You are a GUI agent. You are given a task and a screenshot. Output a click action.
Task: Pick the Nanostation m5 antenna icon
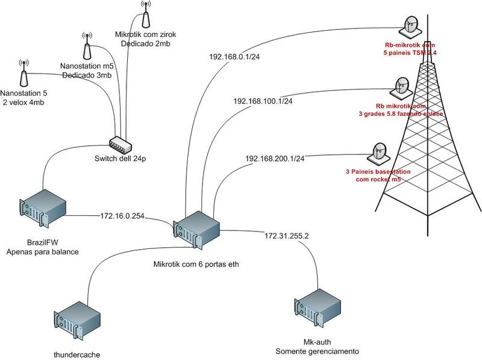87,45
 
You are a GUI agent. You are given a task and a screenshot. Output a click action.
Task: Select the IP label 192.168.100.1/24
263,101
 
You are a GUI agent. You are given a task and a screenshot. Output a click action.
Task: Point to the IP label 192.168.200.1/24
275,158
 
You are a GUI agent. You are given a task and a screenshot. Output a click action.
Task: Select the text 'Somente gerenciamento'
317,351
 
